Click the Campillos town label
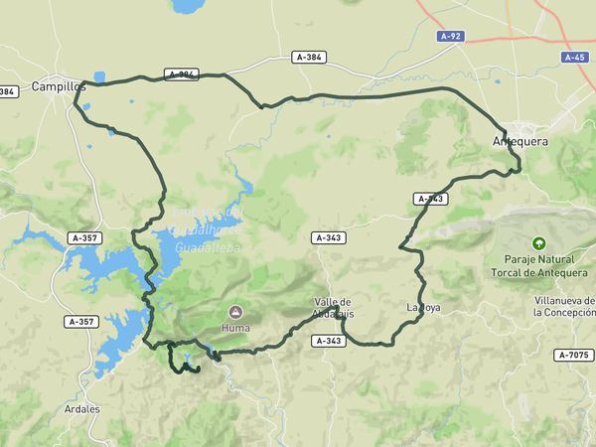click(x=59, y=86)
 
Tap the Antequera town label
click(x=521, y=142)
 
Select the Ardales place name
click(x=80, y=408)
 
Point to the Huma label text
click(x=235, y=327)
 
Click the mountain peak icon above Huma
click(x=235, y=311)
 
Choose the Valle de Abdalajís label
click(x=333, y=307)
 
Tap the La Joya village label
click(x=423, y=307)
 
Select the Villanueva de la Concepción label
click(x=563, y=305)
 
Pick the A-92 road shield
click(x=450, y=36)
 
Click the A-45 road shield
click(x=575, y=57)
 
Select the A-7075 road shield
click(x=573, y=355)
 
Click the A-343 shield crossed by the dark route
click(x=431, y=199)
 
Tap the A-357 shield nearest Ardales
click(x=81, y=321)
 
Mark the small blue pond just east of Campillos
click(x=99, y=75)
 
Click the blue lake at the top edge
click(x=185, y=5)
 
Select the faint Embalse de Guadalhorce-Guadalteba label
click(x=208, y=229)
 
